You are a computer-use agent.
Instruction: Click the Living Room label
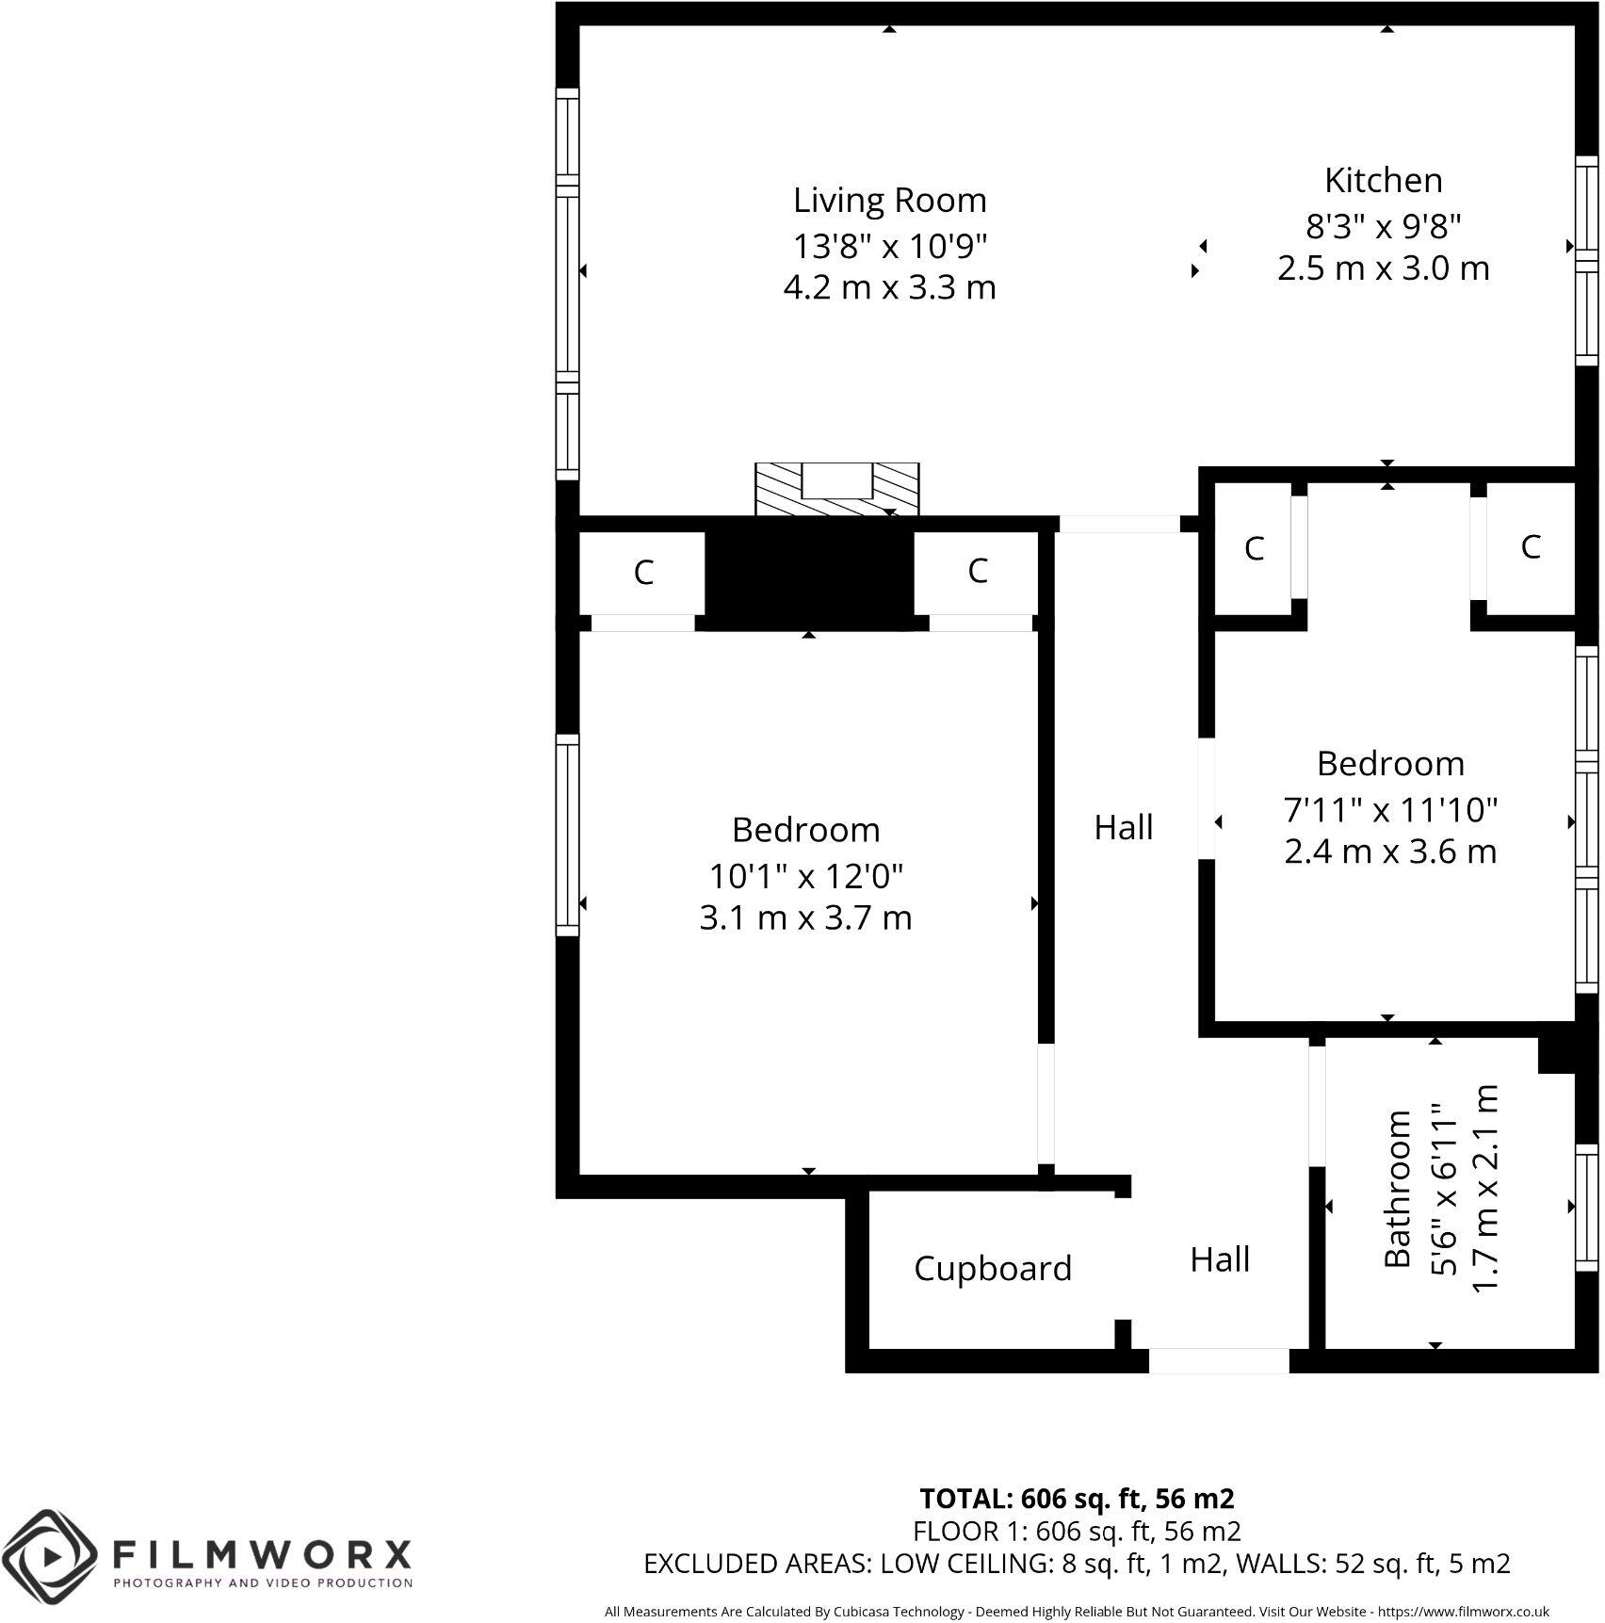(889, 201)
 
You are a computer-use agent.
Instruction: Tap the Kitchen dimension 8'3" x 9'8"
(1382, 225)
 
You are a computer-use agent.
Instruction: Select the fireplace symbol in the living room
(836, 489)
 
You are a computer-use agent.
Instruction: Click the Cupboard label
(992, 1269)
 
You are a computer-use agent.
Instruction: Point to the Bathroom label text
(1398, 1189)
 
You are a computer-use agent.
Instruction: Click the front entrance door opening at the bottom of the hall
(1218, 1360)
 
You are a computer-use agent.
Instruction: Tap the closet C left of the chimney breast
(642, 572)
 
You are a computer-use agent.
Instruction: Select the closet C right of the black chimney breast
(977, 570)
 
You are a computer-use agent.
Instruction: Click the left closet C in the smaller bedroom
(1253, 548)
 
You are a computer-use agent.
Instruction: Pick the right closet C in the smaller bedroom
(1530, 545)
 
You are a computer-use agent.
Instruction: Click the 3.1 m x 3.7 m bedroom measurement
(805, 917)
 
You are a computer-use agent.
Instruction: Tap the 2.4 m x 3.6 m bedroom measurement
(1389, 852)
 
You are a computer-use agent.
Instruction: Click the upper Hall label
(1123, 828)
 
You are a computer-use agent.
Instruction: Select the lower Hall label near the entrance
(1219, 1259)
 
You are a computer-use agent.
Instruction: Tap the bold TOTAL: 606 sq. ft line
(1076, 1498)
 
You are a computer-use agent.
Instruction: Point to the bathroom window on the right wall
(1586, 1208)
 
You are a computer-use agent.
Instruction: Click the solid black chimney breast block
(809, 576)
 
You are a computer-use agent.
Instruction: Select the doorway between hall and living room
(1119, 525)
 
